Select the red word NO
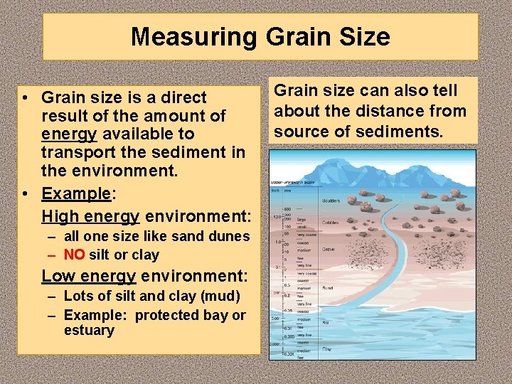pyautogui.click(x=74, y=255)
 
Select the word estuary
pyautogui.click(x=89, y=331)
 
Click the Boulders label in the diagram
pyautogui.click(x=331, y=201)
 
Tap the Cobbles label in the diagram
pyautogui.click(x=330, y=222)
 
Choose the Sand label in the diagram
pyautogui.click(x=327, y=288)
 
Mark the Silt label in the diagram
pyautogui.click(x=326, y=322)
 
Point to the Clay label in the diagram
pyautogui.click(x=326, y=348)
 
